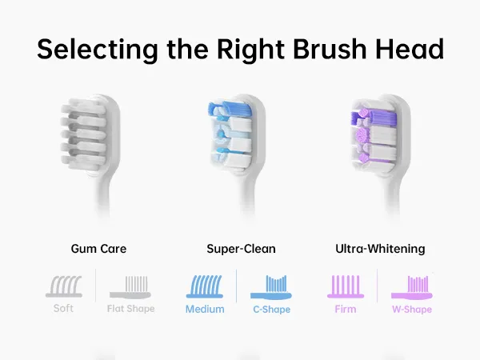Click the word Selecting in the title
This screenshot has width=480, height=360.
(98, 50)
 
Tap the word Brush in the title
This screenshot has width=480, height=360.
(330, 49)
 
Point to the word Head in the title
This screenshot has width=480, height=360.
(410, 49)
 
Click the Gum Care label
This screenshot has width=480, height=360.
(98, 249)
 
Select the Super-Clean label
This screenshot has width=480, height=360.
(242, 249)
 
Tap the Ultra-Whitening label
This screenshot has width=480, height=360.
(380, 249)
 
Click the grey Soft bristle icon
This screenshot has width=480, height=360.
(64, 286)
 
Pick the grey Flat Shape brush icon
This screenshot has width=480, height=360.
(130, 287)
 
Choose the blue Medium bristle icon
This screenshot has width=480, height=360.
(205, 286)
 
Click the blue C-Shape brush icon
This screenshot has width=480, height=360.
(271, 287)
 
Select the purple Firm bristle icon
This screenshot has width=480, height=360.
(346, 286)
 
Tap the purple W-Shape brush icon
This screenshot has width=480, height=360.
(412, 287)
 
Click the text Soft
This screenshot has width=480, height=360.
(63, 308)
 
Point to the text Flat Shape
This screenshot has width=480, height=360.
(130, 309)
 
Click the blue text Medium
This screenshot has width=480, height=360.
(205, 309)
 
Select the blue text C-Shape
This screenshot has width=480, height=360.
(271, 310)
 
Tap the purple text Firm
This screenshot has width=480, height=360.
(346, 309)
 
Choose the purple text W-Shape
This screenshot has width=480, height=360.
(412, 310)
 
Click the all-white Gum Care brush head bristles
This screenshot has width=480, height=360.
(83, 134)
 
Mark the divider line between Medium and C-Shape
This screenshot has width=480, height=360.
(236, 286)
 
